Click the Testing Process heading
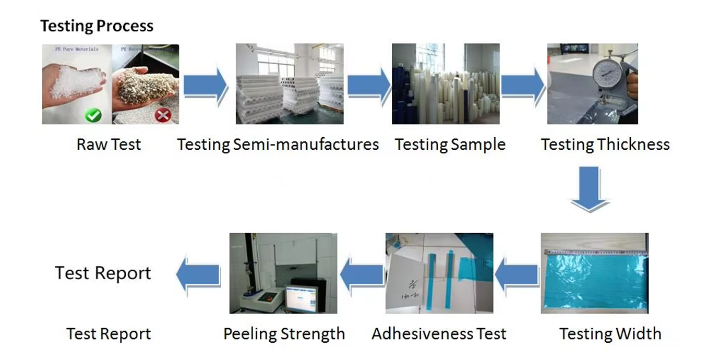[97, 26]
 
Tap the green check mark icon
[93, 115]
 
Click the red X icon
[163, 115]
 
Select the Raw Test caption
[109, 144]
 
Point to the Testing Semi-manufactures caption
[278, 144]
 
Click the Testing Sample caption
[450, 144]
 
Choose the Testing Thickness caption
[605, 144]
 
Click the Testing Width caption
[610, 334]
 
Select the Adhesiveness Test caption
[439, 334]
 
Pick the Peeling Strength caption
[284, 334]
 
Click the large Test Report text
[103, 273]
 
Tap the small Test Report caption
[109, 334]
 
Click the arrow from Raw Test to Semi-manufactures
[206, 85]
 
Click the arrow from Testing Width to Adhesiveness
[516, 275]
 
